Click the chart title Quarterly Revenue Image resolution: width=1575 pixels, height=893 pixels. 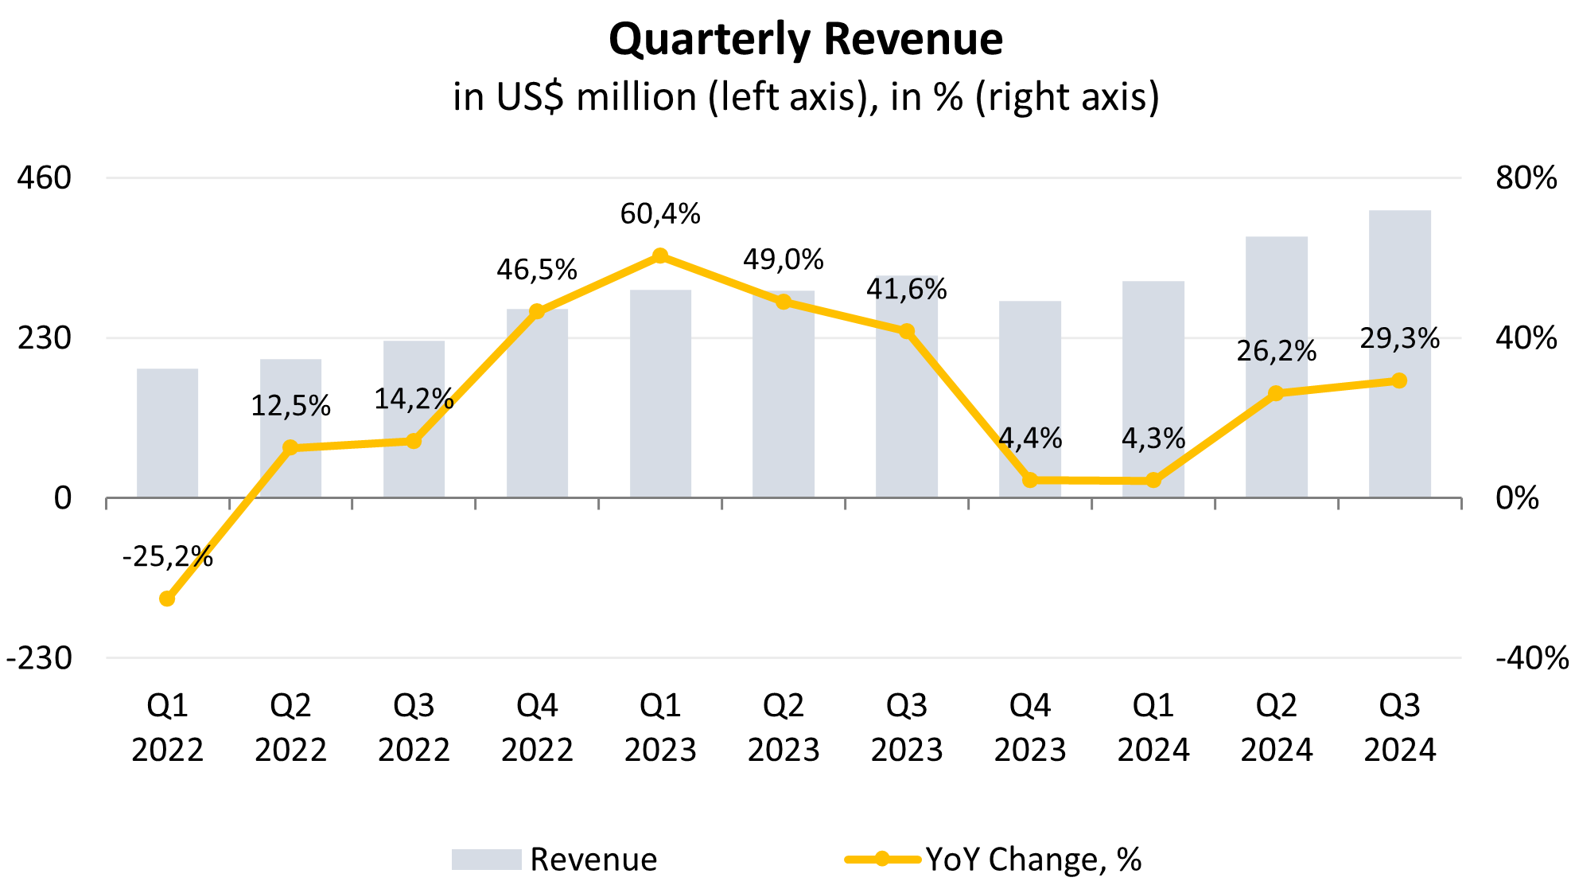[805, 39]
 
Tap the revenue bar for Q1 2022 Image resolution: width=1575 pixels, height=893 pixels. [167, 433]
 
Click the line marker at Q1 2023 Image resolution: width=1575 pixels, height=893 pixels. [660, 255]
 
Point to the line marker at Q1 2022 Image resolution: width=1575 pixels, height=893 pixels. [167, 599]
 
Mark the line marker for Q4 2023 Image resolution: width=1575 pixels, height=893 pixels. [1030, 480]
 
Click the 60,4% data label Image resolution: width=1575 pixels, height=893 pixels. [660, 214]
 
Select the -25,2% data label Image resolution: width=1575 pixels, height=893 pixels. [167, 556]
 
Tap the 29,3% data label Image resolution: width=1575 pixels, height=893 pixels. [1399, 339]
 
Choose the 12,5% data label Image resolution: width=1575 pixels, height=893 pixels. [290, 406]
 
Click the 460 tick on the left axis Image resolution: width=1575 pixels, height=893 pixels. [45, 177]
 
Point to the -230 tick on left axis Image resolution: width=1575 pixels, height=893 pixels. [39, 658]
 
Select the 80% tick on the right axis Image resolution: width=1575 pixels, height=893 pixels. [1526, 177]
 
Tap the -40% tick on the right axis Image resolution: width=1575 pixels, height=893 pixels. [1531, 658]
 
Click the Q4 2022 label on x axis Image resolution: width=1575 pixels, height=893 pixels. [537, 727]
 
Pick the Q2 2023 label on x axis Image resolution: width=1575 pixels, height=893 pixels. [784, 727]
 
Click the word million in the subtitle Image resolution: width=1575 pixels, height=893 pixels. [636, 97]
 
